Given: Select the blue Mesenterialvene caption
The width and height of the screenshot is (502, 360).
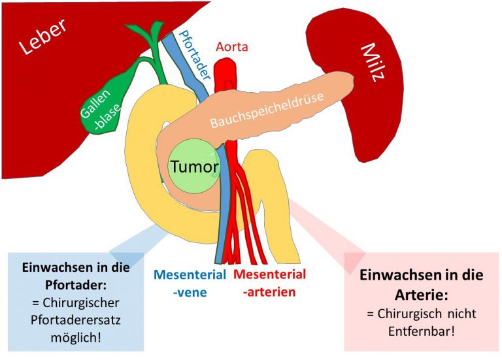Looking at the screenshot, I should point(190,282).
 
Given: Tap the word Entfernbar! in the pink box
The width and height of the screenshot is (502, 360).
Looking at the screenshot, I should point(421,330).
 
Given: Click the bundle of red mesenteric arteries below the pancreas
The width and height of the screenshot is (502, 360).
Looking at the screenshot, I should point(246,222).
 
